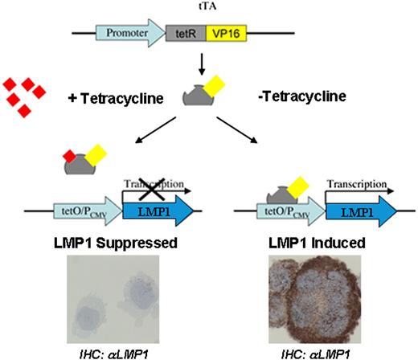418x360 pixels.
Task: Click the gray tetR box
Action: (x=182, y=35)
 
